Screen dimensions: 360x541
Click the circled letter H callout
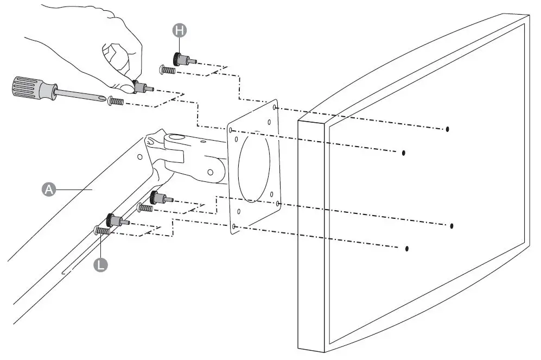coord(180,30)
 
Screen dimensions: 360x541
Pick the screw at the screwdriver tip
coord(116,101)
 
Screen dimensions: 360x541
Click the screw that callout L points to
coord(101,231)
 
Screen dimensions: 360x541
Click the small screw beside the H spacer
coord(167,70)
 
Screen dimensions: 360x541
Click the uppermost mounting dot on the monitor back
coord(447,129)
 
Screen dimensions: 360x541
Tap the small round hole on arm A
coord(140,157)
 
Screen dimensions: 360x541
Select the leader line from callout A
coord(76,188)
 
